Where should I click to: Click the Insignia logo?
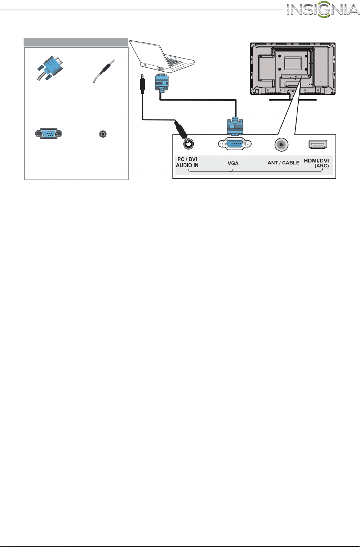pyautogui.click(x=323, y=10)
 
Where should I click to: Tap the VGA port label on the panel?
pyautogui.click(x=233, y=163)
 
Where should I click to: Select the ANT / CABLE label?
pyautogui.click(x=283, y=163)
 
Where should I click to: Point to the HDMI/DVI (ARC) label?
pyautogui.click(x=317, y=163)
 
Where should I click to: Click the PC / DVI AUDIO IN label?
pyautogui.click(x=187, y=162)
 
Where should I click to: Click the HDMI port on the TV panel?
pyautogui.click(x=318, y=144)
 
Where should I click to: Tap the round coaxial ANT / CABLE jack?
pyautogui.click(x=281, y=144)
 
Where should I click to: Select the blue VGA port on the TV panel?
pyautogui.click(x=235, y=144)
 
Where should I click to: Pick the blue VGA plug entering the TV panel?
pyautogui.click(x=235, y=126)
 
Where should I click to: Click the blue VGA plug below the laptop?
pyautogui.click(x=162, y=83)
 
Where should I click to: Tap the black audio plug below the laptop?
pyautogui.click(x=143, y=84)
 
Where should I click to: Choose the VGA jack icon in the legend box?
pyautogui.click(x=49, y=134)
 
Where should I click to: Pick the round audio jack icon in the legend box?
pyautogui.click(x=103, y=134)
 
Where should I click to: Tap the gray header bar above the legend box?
pyautogui.click(x=76, y=42)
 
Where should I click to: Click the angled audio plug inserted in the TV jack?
pyautogui.click(x=180, y=130)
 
